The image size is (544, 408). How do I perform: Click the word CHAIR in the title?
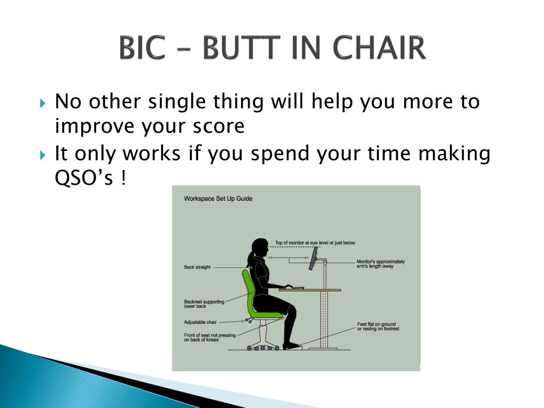[379, 47]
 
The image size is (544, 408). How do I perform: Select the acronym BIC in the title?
[142, 47]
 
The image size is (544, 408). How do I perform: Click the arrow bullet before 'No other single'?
[42, 103]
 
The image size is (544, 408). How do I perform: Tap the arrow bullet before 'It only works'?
[42, 155]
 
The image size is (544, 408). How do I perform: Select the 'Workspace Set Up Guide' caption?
[218, 199]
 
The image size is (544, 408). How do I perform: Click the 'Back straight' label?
[197, 267]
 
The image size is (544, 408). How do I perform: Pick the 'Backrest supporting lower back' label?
[204, 304]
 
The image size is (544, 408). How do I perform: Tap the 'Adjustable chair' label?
[200, 322]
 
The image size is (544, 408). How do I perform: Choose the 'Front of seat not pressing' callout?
[209, 337]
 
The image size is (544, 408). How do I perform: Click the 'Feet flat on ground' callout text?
[378, 327]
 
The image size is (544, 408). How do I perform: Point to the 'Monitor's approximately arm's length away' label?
[380, 263]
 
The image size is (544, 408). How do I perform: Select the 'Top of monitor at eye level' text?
[315, 243]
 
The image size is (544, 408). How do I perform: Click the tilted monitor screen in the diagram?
[313, 259]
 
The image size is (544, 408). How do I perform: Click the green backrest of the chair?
[249, 293]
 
